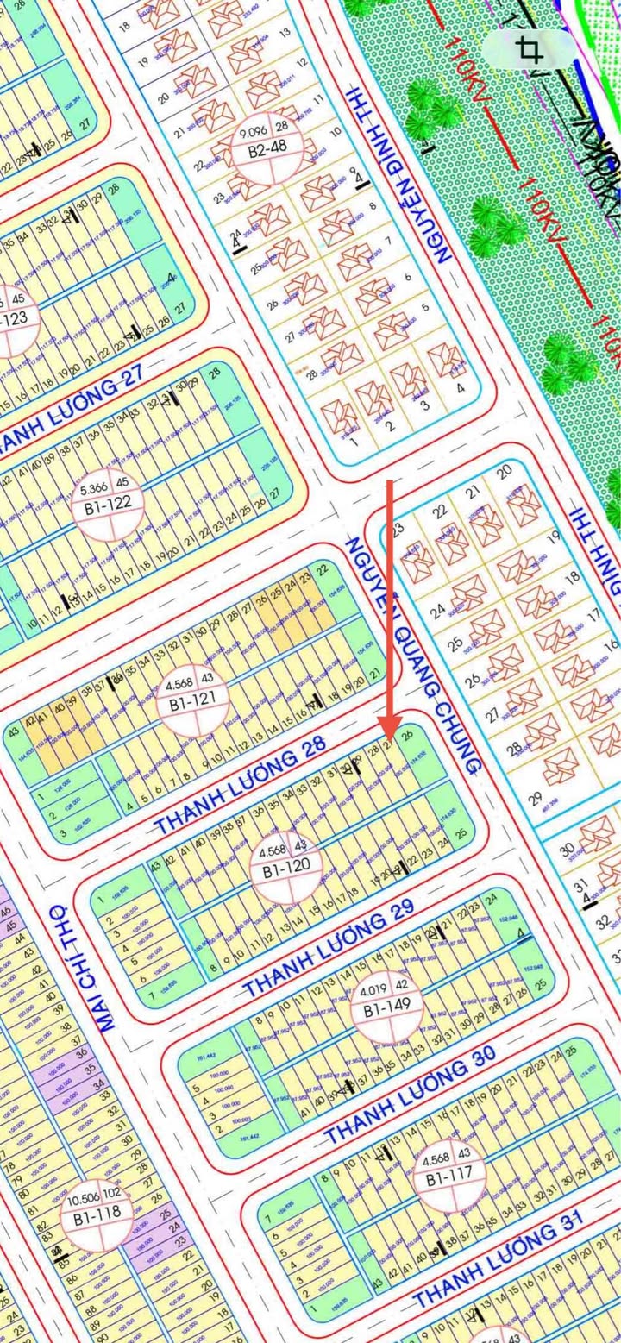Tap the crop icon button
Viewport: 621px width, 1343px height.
coord(529,49)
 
